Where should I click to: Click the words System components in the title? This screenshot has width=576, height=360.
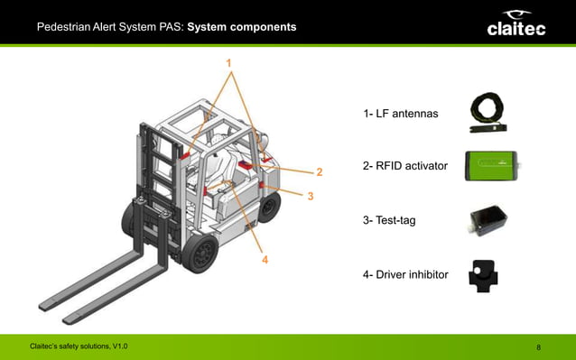[x=241, y=28]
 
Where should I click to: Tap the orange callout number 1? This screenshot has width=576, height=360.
[x=229, y=62]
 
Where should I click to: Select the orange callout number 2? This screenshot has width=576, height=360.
[x=318, y=171]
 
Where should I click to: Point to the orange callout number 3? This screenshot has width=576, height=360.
[x=310, y=196]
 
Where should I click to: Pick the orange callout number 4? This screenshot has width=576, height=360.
[x=265, y=260]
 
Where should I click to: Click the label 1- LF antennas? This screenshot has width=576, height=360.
[x=400, y=115]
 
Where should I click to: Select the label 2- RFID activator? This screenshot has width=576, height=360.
[x=404, y=167]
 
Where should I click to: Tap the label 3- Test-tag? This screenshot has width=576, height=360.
[x=389, y=220]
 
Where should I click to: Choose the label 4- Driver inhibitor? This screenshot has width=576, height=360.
[x=405, y=273]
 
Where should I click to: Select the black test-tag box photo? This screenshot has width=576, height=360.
[x=488, y=221]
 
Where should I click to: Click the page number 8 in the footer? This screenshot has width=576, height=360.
[x=538, y=347]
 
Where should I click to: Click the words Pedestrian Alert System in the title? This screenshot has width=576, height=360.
[x=109, y=28]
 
